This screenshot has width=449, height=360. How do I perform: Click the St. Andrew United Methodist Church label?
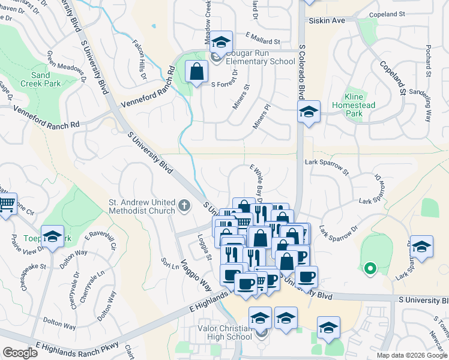coord(142,206)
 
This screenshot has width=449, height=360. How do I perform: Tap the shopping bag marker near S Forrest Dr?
coord(197,73)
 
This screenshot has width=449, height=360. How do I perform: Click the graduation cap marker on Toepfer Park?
coord(53,237)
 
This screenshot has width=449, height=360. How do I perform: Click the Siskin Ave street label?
coord(327,20)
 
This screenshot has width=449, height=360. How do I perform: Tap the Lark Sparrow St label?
coord(327,166)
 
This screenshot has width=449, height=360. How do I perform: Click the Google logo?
coord(20,352)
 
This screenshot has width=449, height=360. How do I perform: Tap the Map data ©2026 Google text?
coord(411,355)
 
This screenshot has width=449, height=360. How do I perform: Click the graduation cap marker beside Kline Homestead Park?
coord(309,112)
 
